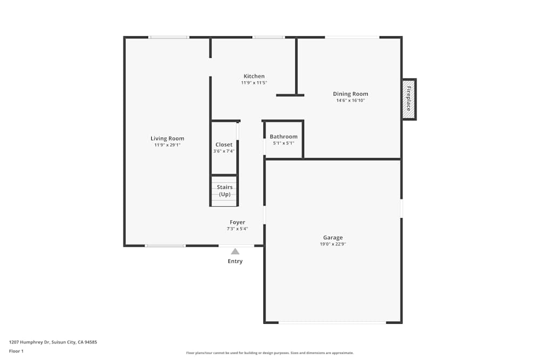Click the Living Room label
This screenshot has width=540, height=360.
coord(167,139)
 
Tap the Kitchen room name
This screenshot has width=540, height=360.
coord(254,76)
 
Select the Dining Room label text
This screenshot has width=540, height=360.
coord(350,94)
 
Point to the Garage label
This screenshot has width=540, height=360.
coord(333,237)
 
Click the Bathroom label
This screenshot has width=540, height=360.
coord(283,137)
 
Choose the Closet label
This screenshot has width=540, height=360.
coord(224,145)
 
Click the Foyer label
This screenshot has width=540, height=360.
coord(237,222)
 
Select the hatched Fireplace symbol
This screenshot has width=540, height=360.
coord(409,99)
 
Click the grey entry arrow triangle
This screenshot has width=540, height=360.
coord(235,251)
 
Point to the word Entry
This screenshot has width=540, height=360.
coord(235,261)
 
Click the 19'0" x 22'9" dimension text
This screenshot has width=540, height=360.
coord(333,244)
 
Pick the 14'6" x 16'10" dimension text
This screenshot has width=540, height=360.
coord(350,100)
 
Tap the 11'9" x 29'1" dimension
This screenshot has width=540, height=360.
coord(167,145)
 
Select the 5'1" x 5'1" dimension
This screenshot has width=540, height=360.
coord(283,143)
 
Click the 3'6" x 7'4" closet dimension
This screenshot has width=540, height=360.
coord(224,151)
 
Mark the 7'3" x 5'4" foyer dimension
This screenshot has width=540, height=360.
coord(237,229)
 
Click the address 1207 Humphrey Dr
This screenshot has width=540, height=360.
coord(53,342)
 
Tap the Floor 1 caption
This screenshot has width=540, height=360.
coord(16,351)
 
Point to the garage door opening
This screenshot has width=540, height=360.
coord(332,323)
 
